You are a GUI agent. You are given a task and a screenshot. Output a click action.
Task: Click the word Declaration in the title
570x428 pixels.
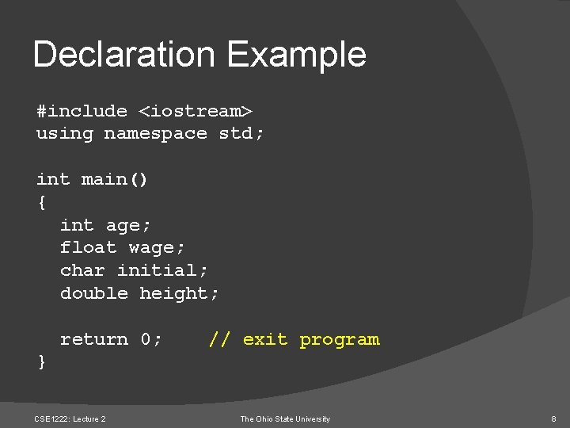(x=123, y=55)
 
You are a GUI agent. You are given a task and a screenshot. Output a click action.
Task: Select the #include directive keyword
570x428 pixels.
(x=82, y=111)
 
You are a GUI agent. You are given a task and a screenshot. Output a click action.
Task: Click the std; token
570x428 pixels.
(x=241, y=133)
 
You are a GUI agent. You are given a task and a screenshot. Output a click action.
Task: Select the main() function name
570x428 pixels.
(x=115, y=180)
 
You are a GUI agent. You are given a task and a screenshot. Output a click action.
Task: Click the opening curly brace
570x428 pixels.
(x=41, y=203)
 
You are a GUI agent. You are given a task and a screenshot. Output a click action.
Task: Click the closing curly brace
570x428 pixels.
(x=41, y=362)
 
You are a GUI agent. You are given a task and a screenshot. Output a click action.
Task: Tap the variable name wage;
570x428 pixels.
(x=158, y=249)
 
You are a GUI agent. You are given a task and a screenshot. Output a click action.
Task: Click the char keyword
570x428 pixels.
(x=82, y=271)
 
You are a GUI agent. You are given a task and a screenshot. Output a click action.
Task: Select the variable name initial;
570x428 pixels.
(x=163, y=271)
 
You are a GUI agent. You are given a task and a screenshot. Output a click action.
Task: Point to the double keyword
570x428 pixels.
(x=93, y=293)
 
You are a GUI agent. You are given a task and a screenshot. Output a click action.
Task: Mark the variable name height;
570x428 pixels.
(x=180, y=294)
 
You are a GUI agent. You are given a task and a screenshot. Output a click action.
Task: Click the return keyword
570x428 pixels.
(x=93, y=339)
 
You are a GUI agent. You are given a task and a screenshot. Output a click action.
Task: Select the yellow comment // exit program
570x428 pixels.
(x=294, y=340)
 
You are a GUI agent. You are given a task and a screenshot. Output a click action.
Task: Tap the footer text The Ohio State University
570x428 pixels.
(x=285, y=418)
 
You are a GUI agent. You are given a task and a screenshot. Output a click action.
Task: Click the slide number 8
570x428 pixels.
(x=553, y=418)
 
